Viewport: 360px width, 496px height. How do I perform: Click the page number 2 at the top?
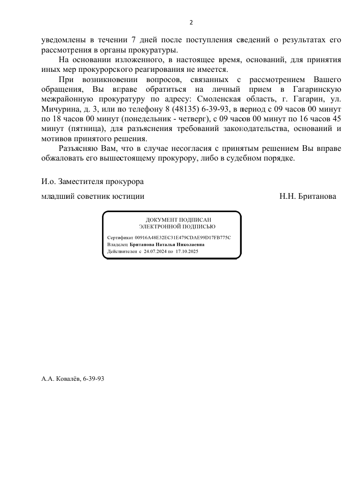pyautogui.click(x=191, y=22)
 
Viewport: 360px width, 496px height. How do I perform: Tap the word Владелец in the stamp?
pyautogui.click(x=118, y=245)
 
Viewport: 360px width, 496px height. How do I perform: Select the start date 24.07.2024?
pyautogui.click(x=156, y=251)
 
